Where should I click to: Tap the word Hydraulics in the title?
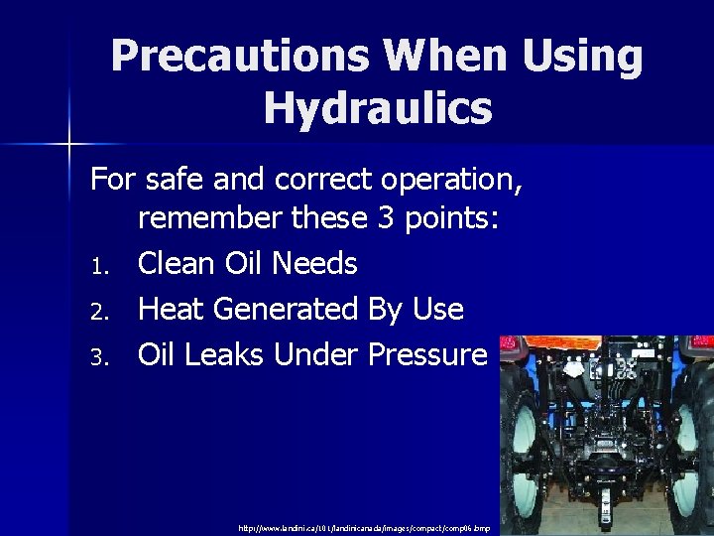pyautogui.click(x=378, y=107)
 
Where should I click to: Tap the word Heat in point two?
pyautogui.click(x=174, y=309)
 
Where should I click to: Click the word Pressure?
pyautogui.click(x=429, y=353)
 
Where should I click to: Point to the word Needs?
pyautogui.click(x=314, y=263)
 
